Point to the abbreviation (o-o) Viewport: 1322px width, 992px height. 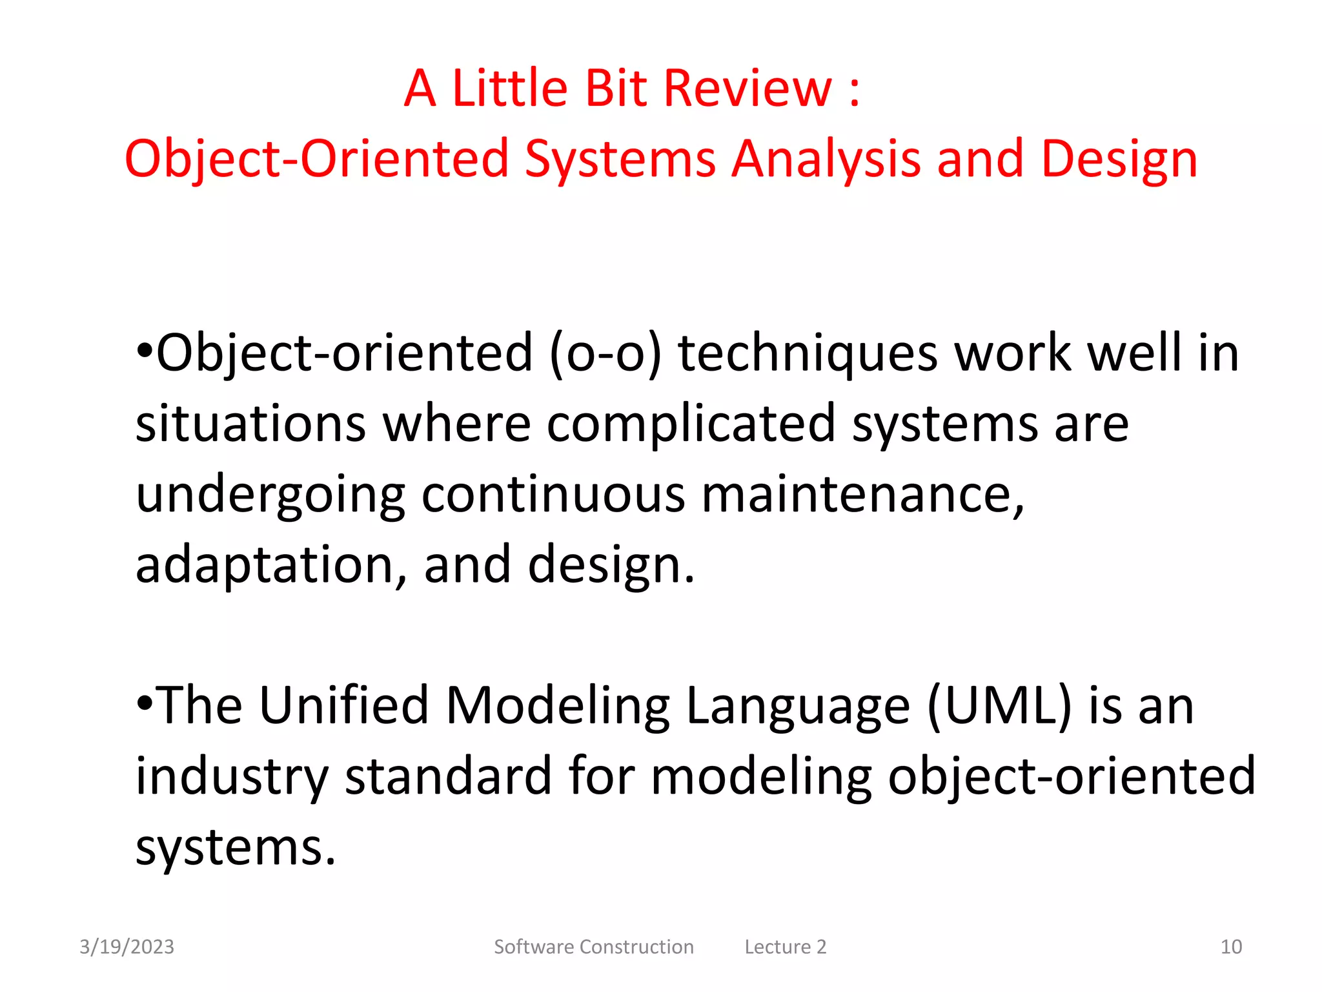pyautogui.click(x=605, y=353)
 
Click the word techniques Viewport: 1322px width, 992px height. pyautogui.click(x=808, y=355)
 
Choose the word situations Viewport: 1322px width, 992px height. pyautogui.click(x=250, y=424)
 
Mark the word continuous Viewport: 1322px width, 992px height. pyautogui.click(x=553, y=495)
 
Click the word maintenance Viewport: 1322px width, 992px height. pyautogui.click(x=862, y=496)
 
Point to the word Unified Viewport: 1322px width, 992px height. pyautogui.click(x=343, y=705)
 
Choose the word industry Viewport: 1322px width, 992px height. pyautogui.click(x=232, y=778)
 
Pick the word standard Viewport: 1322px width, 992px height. pyautogui.click(x=448, y=776)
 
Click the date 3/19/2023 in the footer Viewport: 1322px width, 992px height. pyautogui.click(x=127, y=947)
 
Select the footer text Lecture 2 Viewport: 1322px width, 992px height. pyautogui.click(x=785, y=947)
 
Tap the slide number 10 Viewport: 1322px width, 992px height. pyautogui.click(x=1231, y=947)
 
